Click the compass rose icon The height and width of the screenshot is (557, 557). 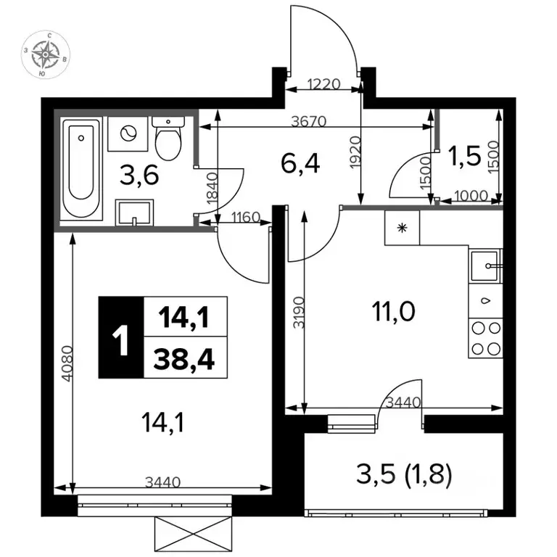pyautogui.click(x=46, y=54)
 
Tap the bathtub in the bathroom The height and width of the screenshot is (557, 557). pyautogui.click(x=81, y=168)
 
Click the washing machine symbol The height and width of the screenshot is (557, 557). pyautogui.click(x=128, y=134)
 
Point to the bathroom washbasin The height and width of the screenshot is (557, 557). pyautogui.click(x=134, y=213)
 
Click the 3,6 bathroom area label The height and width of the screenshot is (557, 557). pyautogui.click(x=139, y=176)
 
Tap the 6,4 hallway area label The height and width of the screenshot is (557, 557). pyautogui.click(x=300, y=163)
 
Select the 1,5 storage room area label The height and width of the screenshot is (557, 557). pyautogui.click(x=465, y=157)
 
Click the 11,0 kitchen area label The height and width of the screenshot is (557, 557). pyautogui.click(x=394, y=311)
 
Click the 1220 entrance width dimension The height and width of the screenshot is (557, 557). pyautogui.click(x=324, y=85)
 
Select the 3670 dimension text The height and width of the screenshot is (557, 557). pyautogui.click(x=309, y=122)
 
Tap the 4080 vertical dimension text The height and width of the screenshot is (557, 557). pyautogui.click(x=67, y=363)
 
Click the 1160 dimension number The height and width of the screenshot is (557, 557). pyautogui.click(x=246, y=217)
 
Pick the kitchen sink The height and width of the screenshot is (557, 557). pyautogui.click(x=485, y=265)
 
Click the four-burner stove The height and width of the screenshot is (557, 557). pyautogui.click(x=486, y=338)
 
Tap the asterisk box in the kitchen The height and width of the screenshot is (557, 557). pyautogui.click(x=402, y=228)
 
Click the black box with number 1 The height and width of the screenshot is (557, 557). pyautogui.click(x=121, y=337)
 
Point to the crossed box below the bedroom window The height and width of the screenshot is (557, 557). pyautogui.click(x=193, y=534)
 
